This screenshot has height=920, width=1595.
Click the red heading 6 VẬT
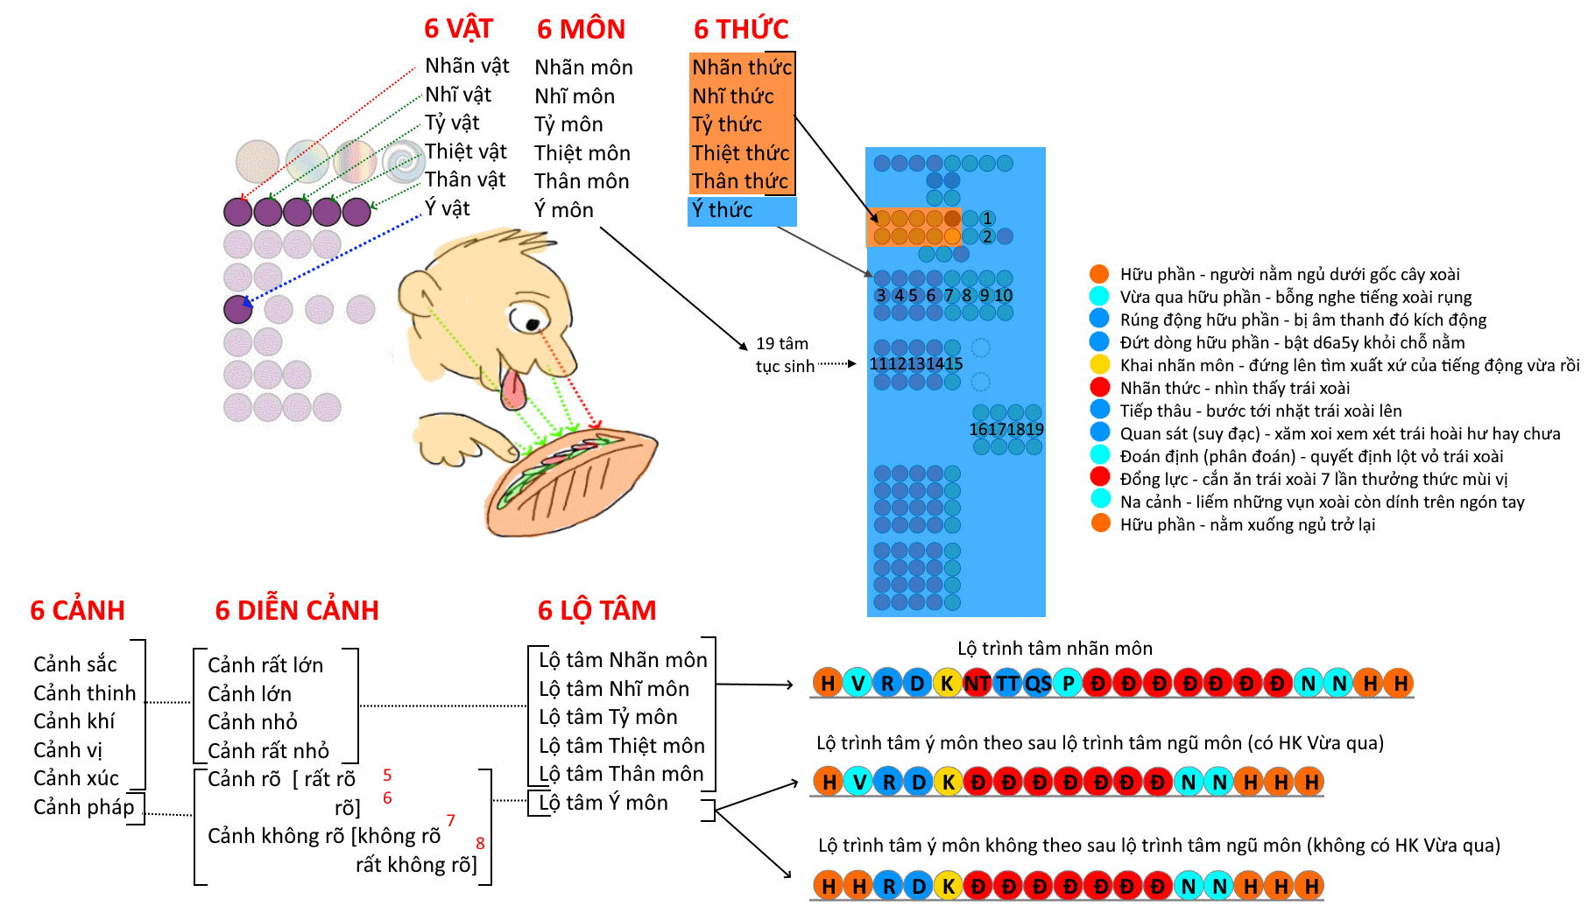point(458,29)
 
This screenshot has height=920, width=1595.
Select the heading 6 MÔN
point(581,29)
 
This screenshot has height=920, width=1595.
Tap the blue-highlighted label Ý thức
point(722,210)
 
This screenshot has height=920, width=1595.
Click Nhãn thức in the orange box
point(741,67)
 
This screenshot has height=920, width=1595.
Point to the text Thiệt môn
point(582,153)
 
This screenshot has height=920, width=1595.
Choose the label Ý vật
point(448,208)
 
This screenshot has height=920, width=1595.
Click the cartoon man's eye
point(528,318)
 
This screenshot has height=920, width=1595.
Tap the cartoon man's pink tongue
point(514,389)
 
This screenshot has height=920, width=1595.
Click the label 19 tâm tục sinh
point(784,355)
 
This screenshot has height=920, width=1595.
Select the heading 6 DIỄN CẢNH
point(297,610)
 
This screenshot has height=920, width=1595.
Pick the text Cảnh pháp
point(84,807)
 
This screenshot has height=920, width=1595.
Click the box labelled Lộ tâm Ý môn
point(603,803)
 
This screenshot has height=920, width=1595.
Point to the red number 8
point(480,843)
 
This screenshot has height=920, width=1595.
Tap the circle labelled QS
point(1038,683)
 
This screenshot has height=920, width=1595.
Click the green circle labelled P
point(1069,683)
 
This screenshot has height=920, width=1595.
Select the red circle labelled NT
point(977,683)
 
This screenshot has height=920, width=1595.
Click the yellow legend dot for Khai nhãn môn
point(1099,365)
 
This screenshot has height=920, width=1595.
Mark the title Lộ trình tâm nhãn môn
point(1055,649)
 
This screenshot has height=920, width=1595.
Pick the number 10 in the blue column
point(1003,296)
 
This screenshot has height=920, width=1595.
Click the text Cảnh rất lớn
point(265,665)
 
